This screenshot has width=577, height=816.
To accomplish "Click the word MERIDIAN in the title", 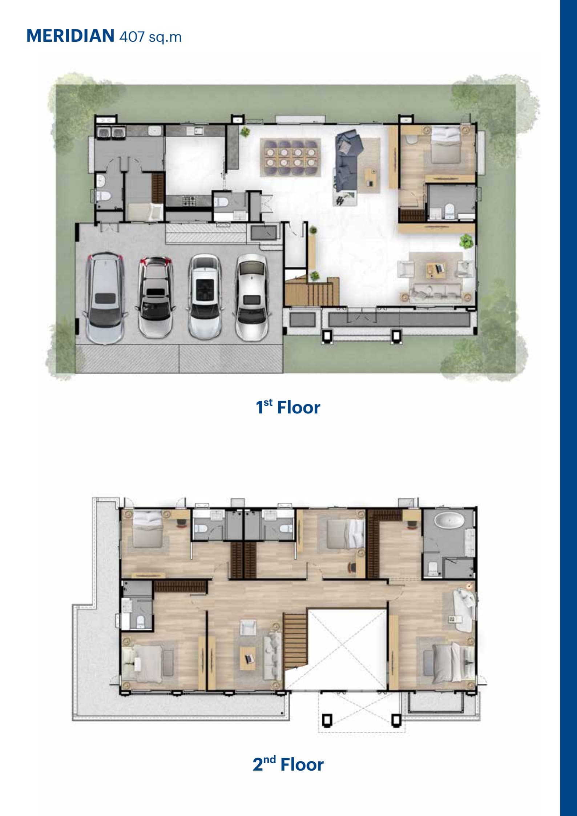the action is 70,36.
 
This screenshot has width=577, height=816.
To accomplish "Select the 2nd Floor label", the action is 288,764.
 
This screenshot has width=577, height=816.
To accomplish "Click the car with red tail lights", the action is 155,298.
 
